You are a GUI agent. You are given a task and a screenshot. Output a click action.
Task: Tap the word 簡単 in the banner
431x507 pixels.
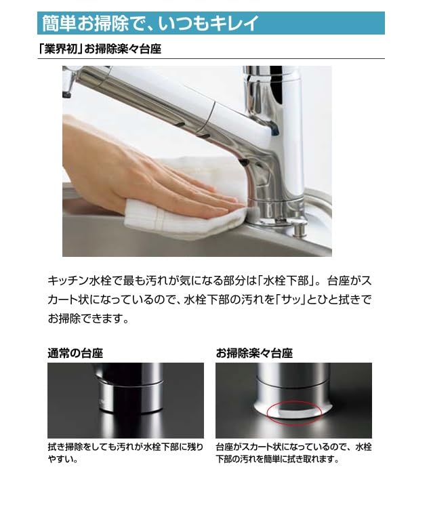pos(58,24)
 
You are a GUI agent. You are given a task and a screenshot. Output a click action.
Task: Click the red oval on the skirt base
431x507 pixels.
pos(293,412)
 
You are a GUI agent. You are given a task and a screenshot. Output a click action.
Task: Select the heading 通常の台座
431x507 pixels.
pos(75,353)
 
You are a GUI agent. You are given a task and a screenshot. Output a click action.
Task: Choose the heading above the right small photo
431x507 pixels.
pos(254,353)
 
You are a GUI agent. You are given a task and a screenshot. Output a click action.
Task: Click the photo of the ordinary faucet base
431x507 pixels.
pos(125,400)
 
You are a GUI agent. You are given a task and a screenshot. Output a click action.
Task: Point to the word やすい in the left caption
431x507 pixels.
pos(63,460)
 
